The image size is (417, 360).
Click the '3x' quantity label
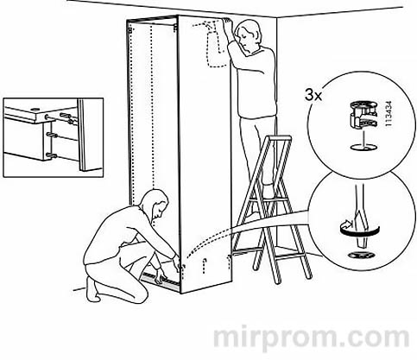(313, 95)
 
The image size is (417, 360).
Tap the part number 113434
(389, 113)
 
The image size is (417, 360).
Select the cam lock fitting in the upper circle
(363, 115)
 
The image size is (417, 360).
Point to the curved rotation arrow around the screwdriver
(360, 231)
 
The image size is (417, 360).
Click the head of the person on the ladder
(248, 35)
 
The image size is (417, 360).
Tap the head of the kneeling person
(156, 204)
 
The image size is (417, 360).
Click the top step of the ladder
(279, 138)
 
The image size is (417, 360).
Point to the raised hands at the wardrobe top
(226, 24)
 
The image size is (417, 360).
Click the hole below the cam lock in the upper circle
(363, 148)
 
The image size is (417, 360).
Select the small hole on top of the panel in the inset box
(35, 110)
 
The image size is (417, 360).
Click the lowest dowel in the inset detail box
(52, 155)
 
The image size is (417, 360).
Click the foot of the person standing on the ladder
(269, 193)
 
